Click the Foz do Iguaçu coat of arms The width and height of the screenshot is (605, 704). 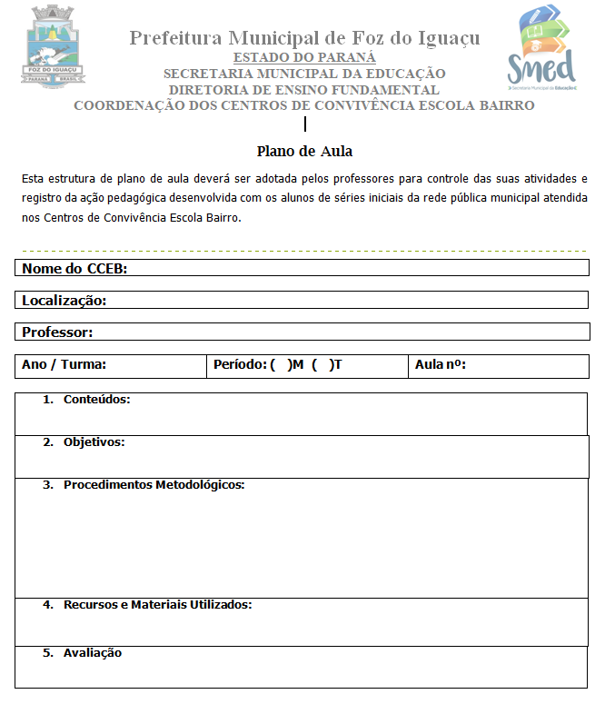point(52,46)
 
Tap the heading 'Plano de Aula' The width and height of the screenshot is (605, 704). point(304,152)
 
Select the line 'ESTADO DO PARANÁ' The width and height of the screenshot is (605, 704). point(304,57)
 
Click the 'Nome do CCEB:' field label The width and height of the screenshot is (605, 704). point(74,269)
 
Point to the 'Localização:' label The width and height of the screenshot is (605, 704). point(64,301)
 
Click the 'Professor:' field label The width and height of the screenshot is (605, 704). point(57,332)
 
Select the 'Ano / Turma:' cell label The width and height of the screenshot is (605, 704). point(64,365)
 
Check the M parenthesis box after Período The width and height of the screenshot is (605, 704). point(280,365)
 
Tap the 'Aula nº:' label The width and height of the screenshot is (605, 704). point(440,365)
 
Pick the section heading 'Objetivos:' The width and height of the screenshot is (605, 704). point(94,442)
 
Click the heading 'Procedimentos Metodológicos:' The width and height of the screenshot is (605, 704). point(154,485)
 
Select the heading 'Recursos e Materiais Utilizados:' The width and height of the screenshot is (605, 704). point(157,605)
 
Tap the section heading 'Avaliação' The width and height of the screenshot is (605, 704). point(92,653)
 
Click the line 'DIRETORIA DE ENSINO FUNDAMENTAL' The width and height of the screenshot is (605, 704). point(304,90)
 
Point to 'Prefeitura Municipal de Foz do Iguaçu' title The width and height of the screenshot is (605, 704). point(304,38)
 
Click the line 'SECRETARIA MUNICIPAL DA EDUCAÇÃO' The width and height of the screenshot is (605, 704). point(304,74)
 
